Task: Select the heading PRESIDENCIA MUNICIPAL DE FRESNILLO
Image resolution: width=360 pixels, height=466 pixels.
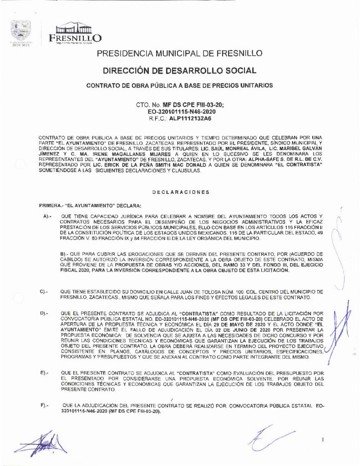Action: tap(180, 54)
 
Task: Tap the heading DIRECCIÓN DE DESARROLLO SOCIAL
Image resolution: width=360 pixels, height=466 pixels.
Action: tap(180, 71)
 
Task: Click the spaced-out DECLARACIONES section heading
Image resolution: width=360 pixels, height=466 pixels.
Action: tap(180, 192)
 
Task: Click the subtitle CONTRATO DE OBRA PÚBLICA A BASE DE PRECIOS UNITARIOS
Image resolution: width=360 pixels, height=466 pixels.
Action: tap(180, 86)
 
